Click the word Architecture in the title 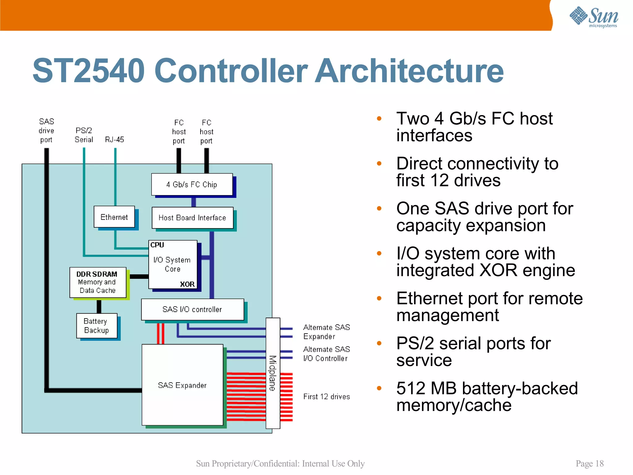409,71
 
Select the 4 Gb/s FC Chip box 192,185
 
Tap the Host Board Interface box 192,218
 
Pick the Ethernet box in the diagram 114,217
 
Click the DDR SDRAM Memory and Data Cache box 98,282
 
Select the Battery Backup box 97,326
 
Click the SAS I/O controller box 192,309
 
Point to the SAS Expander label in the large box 182,385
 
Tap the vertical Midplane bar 273,373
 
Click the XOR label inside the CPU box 187,284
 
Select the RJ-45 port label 114,139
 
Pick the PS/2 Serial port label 84,135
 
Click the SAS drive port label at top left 46,131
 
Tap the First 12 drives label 327,396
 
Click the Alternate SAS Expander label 326,332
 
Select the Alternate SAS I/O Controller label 326,354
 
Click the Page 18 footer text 589,464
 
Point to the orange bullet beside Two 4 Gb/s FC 379,118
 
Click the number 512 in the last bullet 411,388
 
